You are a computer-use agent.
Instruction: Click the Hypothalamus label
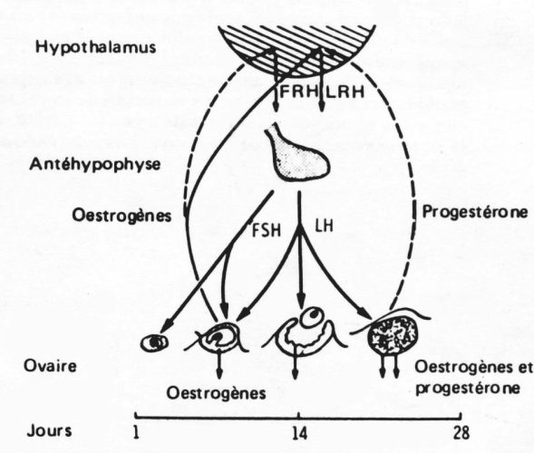[x=96, y=47]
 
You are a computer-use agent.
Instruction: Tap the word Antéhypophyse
[x=95, y=164]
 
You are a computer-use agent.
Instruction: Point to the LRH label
[x=345, y=92]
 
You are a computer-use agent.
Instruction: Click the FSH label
[x=266, y=230]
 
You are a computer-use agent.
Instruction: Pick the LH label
[x=324, y=226]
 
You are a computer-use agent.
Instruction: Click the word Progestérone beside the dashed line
[x=475, y=212]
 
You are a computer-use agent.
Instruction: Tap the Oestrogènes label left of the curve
[x=121, y=216]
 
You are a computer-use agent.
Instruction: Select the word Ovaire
[x=50, y=366]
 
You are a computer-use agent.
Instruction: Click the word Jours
[x=49, y=430]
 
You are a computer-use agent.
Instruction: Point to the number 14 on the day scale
[x=299, y=434]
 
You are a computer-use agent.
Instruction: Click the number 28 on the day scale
[x=461, y=433]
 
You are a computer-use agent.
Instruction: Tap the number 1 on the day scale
[x=136, y=433]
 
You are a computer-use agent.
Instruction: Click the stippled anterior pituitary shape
[x=297, y=153]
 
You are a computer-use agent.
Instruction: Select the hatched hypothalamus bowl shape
[x=296, y=50]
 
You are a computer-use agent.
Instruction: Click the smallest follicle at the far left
[x=155, y=342]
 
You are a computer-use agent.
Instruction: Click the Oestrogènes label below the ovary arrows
[x=216, y=393]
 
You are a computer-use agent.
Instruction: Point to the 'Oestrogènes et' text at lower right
[x=473, y=368]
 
